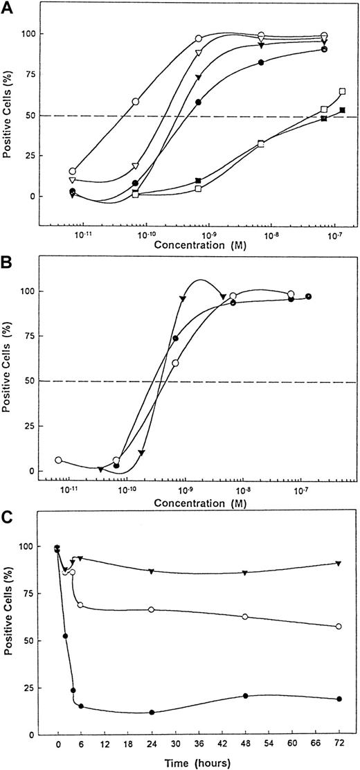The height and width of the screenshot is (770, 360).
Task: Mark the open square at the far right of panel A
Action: (x=343, y=91)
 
